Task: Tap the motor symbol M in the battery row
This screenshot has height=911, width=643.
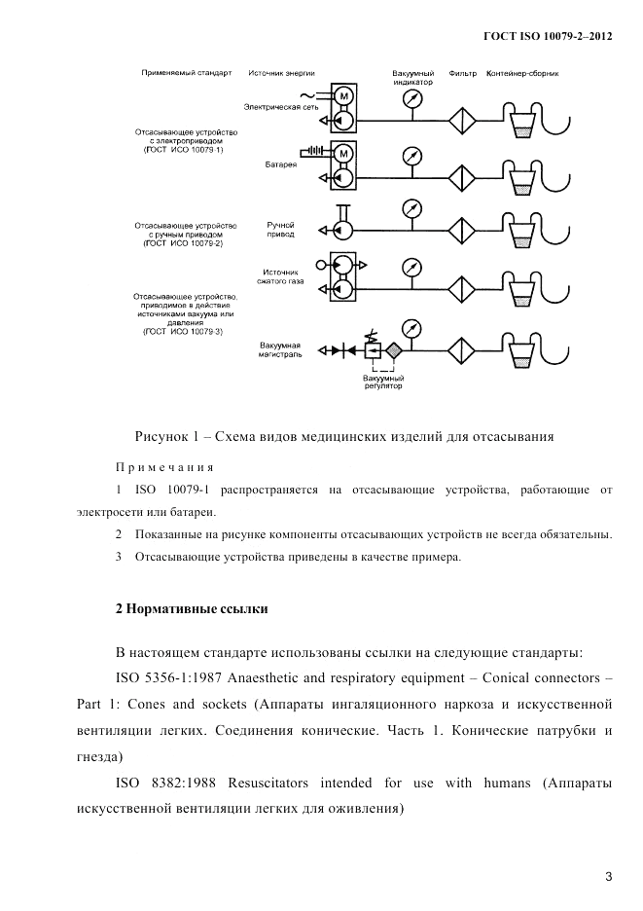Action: click(342, 152)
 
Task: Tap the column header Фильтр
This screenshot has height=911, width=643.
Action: click(462, 74)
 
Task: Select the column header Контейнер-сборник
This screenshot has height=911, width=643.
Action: click(521, 74)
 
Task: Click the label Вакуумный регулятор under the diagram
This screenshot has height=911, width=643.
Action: click(382, 381)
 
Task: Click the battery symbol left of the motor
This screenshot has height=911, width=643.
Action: click(313, 152)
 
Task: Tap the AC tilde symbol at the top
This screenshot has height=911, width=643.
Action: click(307, 94)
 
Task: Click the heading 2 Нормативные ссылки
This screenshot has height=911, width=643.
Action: click(191, 608)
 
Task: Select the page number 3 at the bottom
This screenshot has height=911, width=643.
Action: click(608, 877)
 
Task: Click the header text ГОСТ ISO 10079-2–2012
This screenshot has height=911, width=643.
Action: click(548, 36)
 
